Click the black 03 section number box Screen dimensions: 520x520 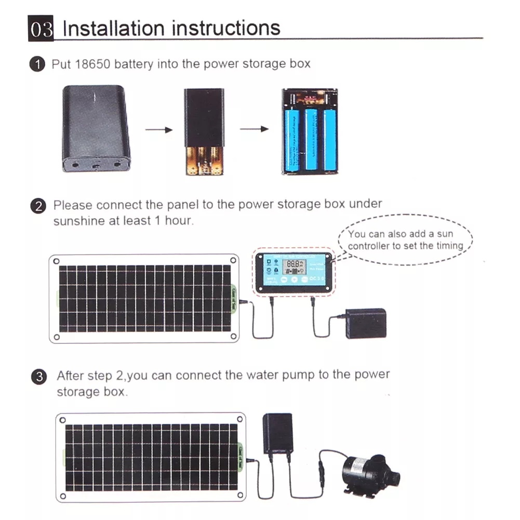(x=41, y=29)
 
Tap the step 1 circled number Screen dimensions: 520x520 (x=38, y=65)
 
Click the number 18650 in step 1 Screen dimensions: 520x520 (x=93, y=64)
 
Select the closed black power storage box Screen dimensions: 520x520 (x=96, y=128)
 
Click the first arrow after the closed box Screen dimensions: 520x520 (x=158, y=129)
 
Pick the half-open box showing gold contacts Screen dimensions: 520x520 (x=205, y=131)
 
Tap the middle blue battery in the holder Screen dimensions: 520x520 (x=311, y=139)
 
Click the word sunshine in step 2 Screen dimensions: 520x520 (x=79, y=220)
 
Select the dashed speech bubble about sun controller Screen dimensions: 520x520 (x=406, y=239)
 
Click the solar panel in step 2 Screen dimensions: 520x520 (x=144, y=299)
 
